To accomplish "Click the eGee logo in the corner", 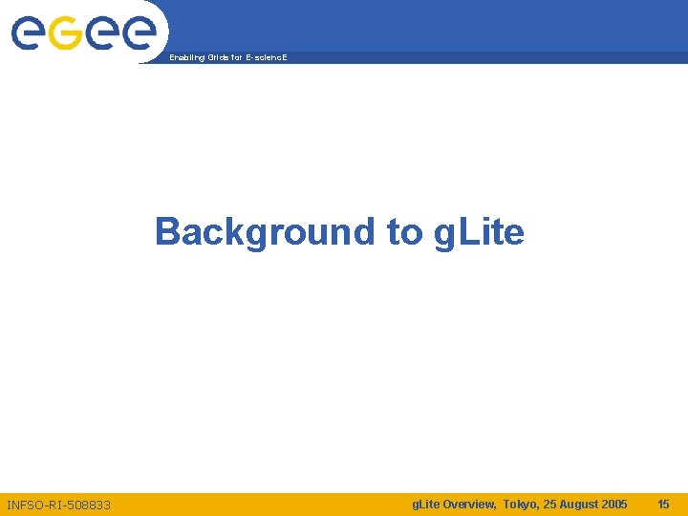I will (x=83, y=33).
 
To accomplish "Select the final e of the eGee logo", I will (x=138, y=34).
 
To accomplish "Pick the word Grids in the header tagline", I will (x=214, y=58).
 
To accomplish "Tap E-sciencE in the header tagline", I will (x=265, y=58).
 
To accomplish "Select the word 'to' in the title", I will (x=404, y=231).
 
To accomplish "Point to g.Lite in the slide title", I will (x=479, y=231).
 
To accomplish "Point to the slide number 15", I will (x=663, y=504).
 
